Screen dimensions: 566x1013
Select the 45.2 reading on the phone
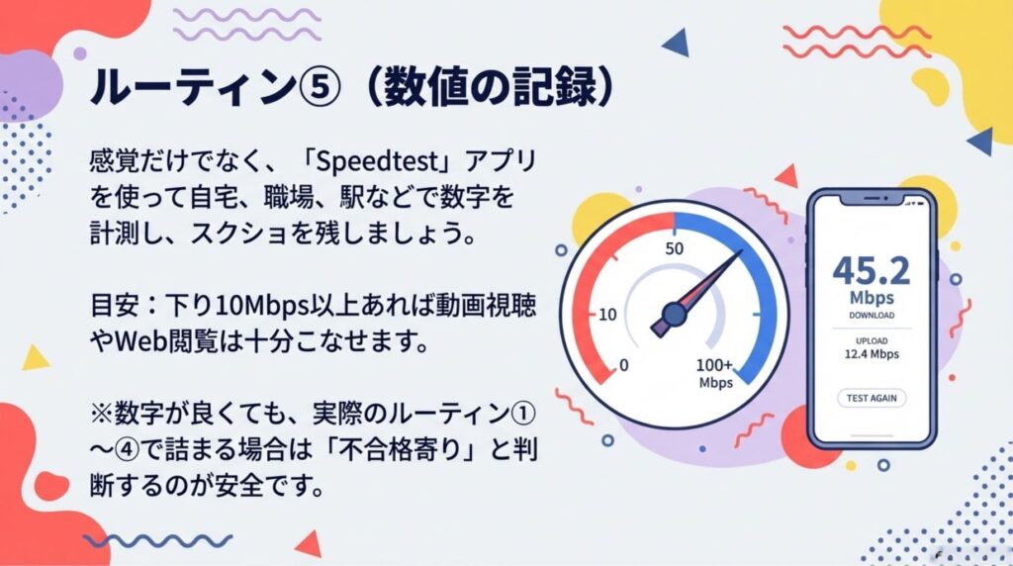click(x=871, y=269)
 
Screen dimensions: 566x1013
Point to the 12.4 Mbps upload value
click(x=871, y=352)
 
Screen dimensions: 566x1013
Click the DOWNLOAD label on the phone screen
click(x=871, y=316)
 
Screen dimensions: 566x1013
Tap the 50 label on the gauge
click(x=675, y=247)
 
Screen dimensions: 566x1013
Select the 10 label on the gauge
click(x=607, y=315)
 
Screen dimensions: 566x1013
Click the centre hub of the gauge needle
click(x=674, y=314)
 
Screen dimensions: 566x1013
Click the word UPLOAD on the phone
click(x=871, y=337)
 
